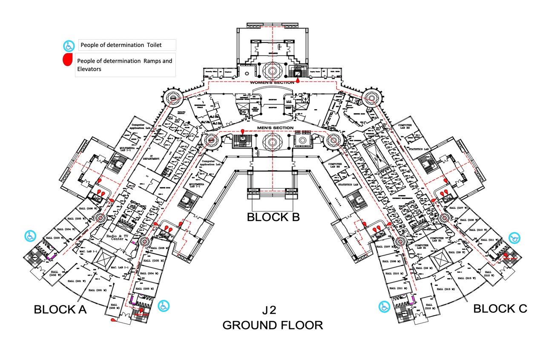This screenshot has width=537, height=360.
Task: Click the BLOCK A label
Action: point(60,309)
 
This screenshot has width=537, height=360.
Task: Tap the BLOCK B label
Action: point(273,217)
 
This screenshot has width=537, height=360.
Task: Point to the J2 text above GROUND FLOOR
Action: point(269,311)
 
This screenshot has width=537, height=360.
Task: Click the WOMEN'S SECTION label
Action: point(272,82)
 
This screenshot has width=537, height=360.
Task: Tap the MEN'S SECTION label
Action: point(275,128)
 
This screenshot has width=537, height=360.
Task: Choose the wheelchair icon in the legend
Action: point(68,45)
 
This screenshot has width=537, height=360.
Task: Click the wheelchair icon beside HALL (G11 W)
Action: point(514,238)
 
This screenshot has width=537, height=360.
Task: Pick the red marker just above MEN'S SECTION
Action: point(242,131)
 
